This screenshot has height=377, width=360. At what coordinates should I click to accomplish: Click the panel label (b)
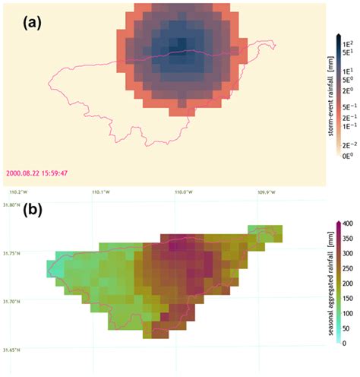(33, 208)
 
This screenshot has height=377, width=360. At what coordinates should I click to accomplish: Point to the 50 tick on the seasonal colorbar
(345, 328)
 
